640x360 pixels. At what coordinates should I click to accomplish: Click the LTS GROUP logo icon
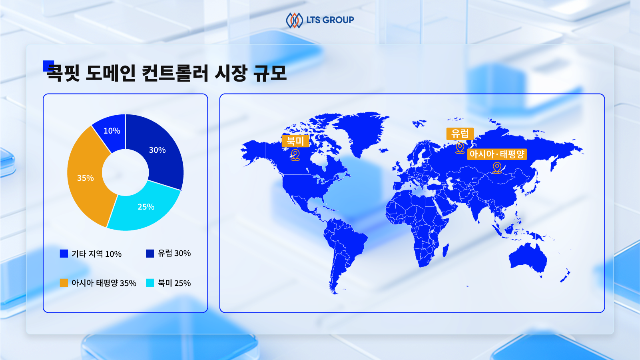click(294, 20)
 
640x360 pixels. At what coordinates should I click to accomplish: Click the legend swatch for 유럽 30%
click(150, 253)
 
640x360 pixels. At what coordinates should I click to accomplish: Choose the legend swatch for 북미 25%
click(150, 283)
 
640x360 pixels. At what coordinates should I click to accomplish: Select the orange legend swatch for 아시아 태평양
click(64, 283)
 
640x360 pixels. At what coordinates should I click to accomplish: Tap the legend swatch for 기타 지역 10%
click(64, 254)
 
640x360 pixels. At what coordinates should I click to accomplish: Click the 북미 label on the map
click(295, 141)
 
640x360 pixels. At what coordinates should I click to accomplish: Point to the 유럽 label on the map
click(460, 134)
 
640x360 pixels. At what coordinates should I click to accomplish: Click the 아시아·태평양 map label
click(497, 154)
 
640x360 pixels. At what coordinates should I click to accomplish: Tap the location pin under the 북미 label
click(295, 155)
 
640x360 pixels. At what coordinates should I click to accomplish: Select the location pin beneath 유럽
click(460, 148)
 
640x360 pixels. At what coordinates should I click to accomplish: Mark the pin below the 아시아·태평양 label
click(497, 168)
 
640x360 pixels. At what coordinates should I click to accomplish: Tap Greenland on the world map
click(361, 132)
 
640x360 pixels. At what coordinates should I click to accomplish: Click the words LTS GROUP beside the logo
click(330, 20)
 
